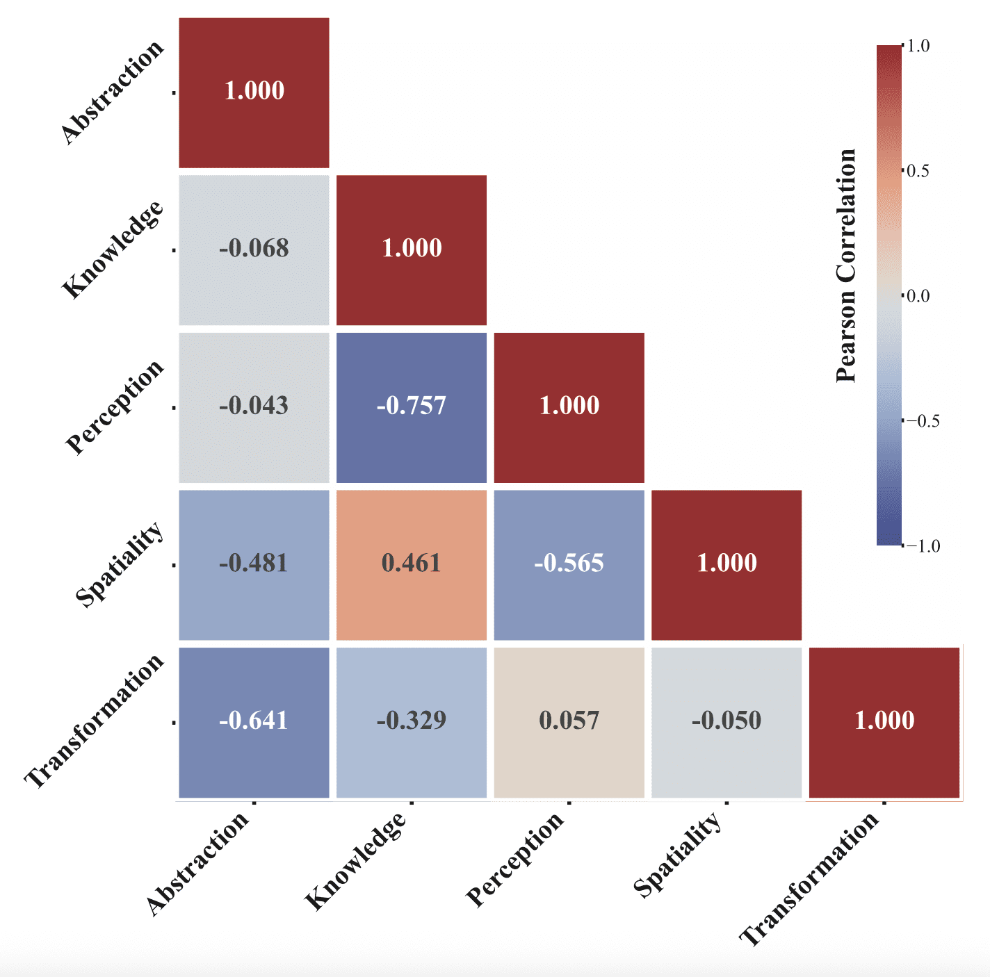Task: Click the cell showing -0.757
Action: coord(412,407)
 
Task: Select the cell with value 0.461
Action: coord(412,564)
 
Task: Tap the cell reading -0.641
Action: coord(254,722)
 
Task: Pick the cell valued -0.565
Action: coord(569,564)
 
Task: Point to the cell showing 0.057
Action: coord(569,722)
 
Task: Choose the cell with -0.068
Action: coord(254,249)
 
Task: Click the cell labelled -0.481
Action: coord(254,564)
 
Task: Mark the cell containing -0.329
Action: coord(412,722)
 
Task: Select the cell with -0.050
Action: coord(727,722)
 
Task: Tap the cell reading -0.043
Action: coord(254,407)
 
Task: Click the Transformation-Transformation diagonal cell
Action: coord(884,722)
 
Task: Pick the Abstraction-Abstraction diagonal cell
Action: coord(254,92)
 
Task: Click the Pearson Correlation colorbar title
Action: coord(846,265)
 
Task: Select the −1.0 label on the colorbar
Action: coord(923,546)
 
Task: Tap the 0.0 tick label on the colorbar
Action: coord(918,296)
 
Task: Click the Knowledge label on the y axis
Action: coord(113,250)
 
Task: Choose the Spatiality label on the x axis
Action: coord(678,855)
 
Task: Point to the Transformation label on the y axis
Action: coord(95,721)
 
